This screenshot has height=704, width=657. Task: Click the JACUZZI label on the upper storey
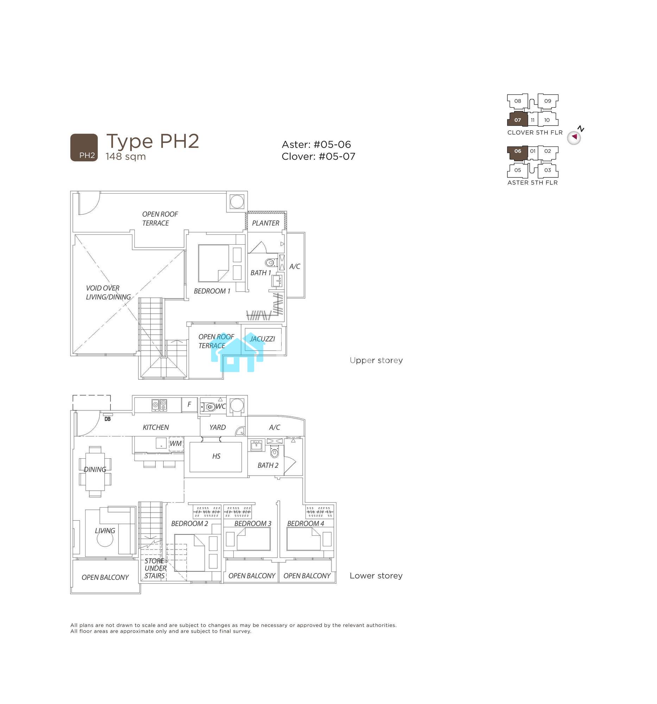click(x=262, y=339)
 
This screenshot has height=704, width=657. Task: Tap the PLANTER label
click(x=265, y=223)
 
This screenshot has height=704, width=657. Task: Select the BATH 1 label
click(x=260, y=273)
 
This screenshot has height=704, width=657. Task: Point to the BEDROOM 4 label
click(x=305, y=523)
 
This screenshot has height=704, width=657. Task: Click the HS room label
click(x=216, y=456)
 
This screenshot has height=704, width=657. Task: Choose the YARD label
click(x=217, y=427)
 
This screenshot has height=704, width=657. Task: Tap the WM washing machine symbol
click(x=176, y=444)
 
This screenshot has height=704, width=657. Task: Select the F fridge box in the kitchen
click(x=189, y=404)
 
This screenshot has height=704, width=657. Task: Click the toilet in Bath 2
click(x=274, y=452)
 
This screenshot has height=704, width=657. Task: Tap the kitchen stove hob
click(x=159, y=405)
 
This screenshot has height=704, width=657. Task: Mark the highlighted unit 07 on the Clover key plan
click(x=518, y=120)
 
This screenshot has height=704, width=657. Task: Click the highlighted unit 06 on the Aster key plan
click(x=518, y=152)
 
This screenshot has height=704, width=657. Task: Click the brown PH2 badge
click(x=84, y=147)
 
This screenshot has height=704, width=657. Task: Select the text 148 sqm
click(x=126, y=156)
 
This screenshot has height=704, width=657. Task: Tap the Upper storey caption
click(x=376, y=360)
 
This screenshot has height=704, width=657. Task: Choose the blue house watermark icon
click(x=238, y=352)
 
